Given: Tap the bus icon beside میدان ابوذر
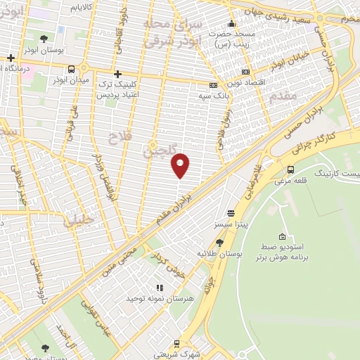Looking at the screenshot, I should click(x=72, y=69).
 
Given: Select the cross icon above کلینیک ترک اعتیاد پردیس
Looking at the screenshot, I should click(x=117, y=74).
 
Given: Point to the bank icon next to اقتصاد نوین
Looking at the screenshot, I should click(x=245, y=72).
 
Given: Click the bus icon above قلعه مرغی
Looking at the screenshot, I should click(x=291, y=169).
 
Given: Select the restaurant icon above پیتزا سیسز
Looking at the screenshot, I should click(x=231, y=213).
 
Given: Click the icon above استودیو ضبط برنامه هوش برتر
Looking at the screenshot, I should click(x=282, y=236).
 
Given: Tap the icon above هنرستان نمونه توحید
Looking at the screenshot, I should click(x=160, y=287).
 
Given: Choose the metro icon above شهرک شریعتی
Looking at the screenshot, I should click(x=176, y=344).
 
